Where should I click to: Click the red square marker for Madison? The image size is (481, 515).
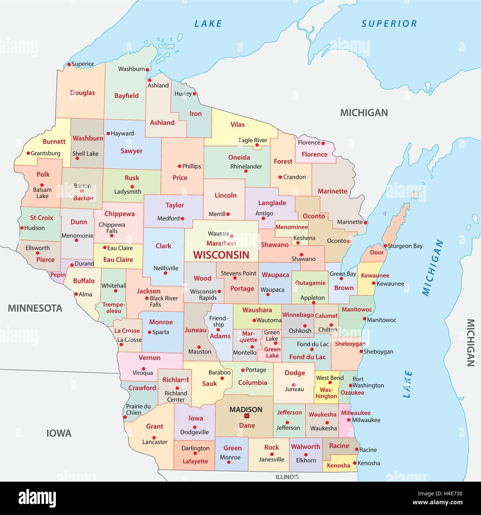coord(246,416)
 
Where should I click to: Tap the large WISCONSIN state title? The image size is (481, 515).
coord(221,255)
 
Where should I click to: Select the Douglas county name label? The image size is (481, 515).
coord(83,93)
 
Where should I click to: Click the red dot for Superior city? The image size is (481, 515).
coord(69,64)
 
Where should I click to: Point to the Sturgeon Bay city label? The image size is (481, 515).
coord(405,246)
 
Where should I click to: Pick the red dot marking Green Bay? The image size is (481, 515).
coord(341,278)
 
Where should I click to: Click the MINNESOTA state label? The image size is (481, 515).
coord(35,308)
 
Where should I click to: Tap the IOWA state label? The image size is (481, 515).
coord(59,433)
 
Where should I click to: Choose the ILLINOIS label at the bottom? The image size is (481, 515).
coord(287,477)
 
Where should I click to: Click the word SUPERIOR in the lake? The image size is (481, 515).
coord(389,24)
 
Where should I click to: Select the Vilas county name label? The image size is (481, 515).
coord(238,124)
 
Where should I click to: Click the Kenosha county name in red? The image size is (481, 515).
coord(339,465)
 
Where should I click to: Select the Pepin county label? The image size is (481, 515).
coord(58,275)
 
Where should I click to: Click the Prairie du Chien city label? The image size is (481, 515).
coord(138,409)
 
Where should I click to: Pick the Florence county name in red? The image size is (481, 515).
coord(314,154)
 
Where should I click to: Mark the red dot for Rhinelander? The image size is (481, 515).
coord(246,171)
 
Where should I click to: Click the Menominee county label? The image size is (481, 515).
coord(292,227)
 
